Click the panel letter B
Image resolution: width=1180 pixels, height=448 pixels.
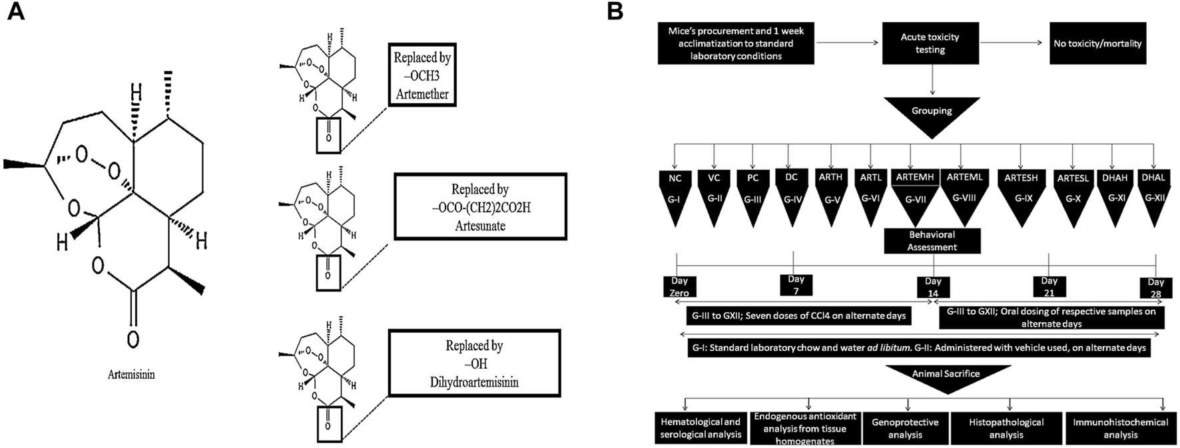[615, 11]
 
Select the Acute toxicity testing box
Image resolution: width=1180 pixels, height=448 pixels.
[930, 43]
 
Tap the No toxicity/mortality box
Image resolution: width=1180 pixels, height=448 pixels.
[1097, 43]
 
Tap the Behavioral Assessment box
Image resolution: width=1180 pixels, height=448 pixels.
[932, 241]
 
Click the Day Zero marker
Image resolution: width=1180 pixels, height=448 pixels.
[679, 287]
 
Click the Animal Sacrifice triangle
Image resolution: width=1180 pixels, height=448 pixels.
[946, 378]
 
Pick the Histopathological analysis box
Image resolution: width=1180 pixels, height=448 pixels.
[1006, 429]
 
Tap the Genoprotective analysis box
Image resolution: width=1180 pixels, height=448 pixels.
[905, 429]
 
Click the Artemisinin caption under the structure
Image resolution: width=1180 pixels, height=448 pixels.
[131, 375]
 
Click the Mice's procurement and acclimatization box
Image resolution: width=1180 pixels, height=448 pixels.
[735, 43]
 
